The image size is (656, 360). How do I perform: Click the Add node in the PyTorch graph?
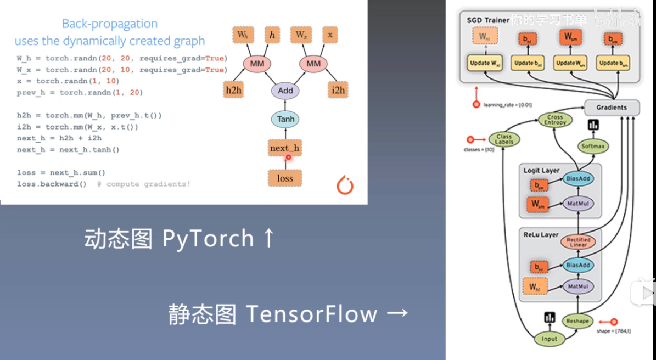click(285, 91)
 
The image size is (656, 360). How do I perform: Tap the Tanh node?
click(285, 119)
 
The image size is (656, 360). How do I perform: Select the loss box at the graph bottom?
click(285, 178)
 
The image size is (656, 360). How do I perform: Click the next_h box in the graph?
click(285, 148)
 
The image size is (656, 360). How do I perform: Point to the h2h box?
click(234, 90)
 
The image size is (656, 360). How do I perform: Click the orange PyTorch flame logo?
click(345, 185)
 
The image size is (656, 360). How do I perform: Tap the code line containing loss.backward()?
click(52, 184)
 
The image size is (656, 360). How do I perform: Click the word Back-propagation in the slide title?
click(109, 24)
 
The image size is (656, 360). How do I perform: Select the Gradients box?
click(612, 108)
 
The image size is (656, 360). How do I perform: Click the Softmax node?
click(593, 147)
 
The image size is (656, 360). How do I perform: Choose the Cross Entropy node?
click(555, 120)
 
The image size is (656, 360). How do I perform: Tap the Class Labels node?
click(504, 140)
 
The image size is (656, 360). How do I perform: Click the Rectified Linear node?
click(579, 242)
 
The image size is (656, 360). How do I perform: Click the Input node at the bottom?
click(550, 339)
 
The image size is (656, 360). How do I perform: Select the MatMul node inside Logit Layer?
click(579, 204)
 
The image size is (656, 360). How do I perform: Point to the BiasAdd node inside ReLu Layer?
click(579, 265)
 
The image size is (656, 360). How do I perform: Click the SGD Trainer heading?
click(488, 20)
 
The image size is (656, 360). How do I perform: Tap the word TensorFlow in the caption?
click(311, 314)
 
